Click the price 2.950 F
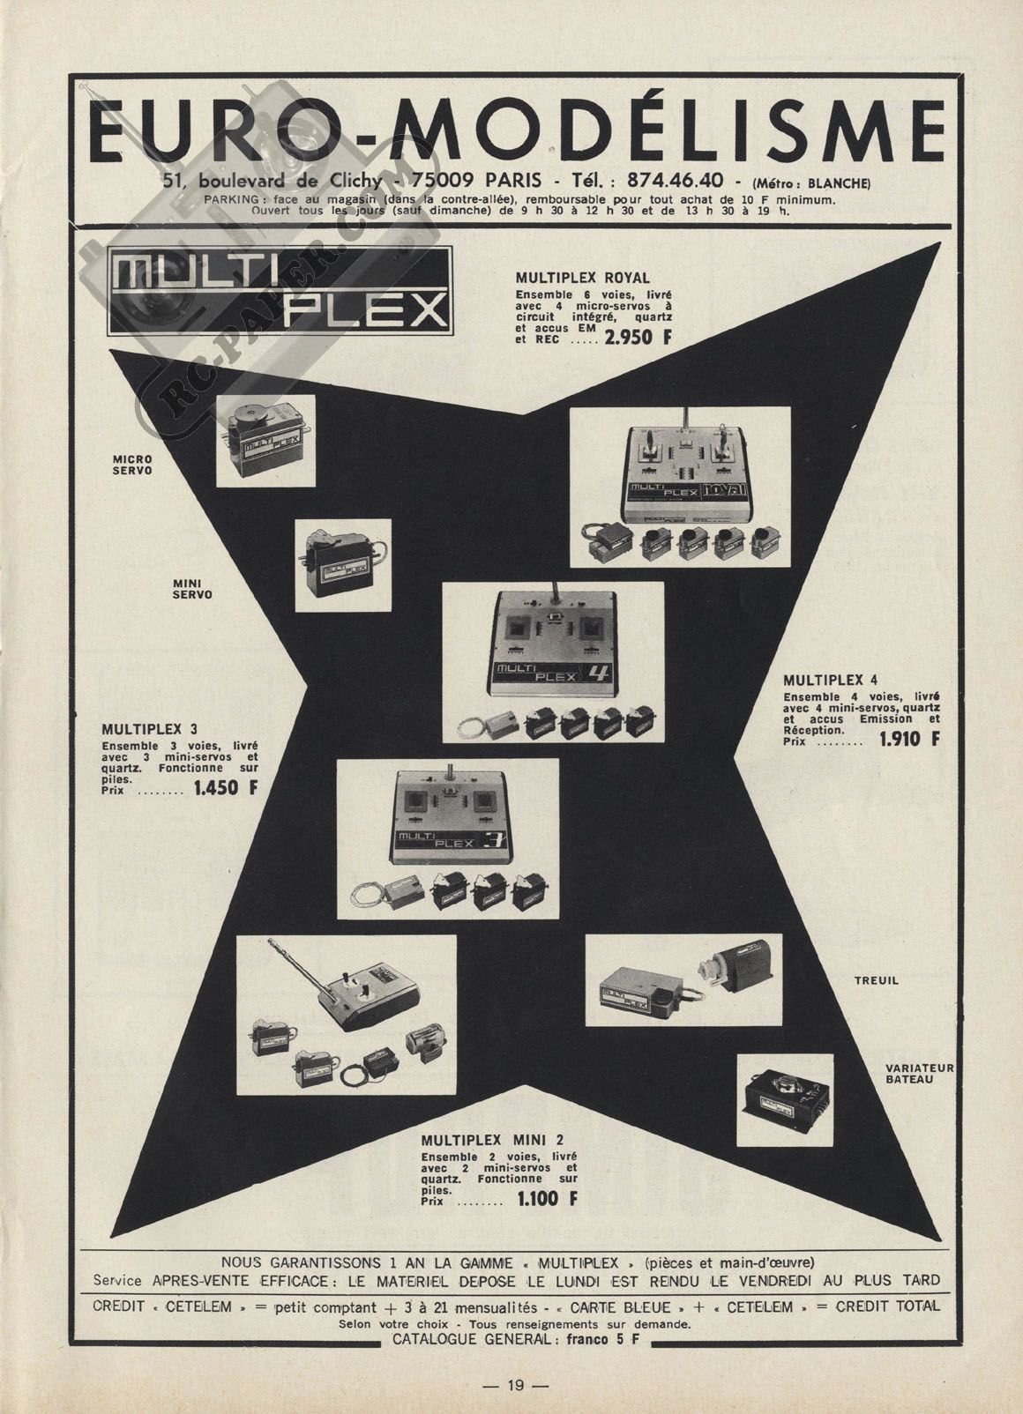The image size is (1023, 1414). point(637,338)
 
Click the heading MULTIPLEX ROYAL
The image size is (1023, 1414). point(582,278)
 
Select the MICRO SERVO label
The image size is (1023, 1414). point(132,465)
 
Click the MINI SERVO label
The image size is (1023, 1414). point(192,589)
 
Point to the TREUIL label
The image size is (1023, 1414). point(876,981)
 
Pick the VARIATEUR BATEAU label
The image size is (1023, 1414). point(919,1074)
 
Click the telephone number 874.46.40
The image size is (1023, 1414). point(675,182)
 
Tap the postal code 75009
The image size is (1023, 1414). point(443,182)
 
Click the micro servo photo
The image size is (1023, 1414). point(265,441)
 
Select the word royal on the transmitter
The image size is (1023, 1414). point(726,489)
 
